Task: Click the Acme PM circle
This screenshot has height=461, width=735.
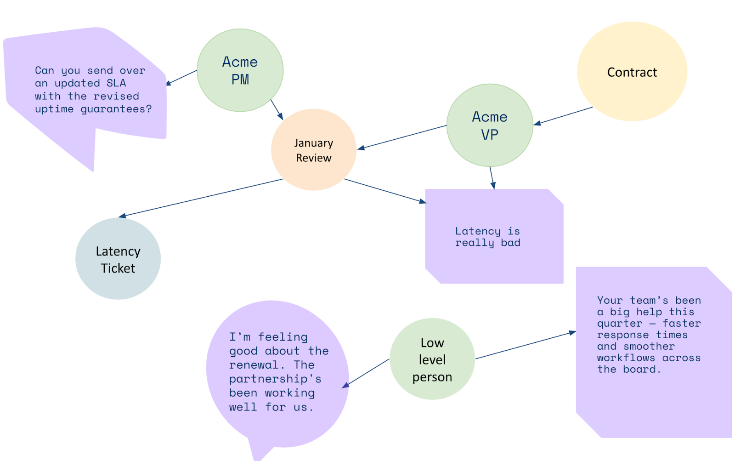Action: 240,70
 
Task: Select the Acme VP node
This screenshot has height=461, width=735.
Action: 490,125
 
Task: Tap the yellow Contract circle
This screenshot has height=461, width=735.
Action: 632,72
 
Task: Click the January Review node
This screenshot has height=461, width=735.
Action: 314,150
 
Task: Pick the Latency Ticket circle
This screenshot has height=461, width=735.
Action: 118,259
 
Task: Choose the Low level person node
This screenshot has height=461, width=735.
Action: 432,359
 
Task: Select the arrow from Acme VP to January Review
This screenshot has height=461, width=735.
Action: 402,137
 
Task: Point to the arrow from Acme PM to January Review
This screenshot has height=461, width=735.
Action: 277,110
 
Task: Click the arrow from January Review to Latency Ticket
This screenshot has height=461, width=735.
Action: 201,198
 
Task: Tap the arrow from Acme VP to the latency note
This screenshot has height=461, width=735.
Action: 492,177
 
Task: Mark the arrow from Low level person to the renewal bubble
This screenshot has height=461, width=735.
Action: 366,373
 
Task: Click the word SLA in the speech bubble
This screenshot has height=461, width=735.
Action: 116,83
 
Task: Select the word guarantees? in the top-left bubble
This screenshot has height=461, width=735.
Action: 116,109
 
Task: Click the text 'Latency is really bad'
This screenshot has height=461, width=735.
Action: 487,237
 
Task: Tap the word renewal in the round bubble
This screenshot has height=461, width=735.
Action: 254,365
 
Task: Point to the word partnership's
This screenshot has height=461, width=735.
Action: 275,379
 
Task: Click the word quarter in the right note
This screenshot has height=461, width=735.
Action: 619,324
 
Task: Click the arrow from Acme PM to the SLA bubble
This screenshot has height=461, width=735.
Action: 181,77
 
